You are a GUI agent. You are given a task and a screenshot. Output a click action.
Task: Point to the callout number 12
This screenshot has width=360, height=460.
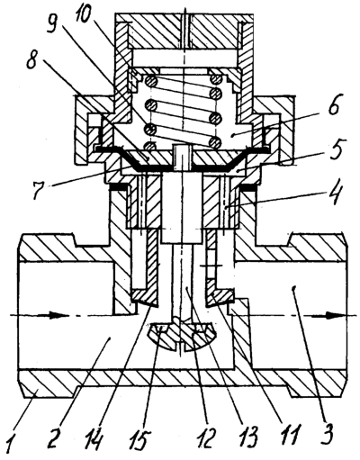[x=208, y=440]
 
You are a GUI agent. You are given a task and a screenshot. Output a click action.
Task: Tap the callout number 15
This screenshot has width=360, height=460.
[x=139, y=440]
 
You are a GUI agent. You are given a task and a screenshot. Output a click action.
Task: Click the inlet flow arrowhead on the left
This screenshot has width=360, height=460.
[x=56, y=315]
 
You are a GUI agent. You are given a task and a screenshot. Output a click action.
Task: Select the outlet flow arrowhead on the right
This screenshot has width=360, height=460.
[x=334, y=315]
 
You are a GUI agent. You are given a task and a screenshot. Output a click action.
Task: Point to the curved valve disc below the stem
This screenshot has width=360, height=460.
[x=182, y=336]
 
